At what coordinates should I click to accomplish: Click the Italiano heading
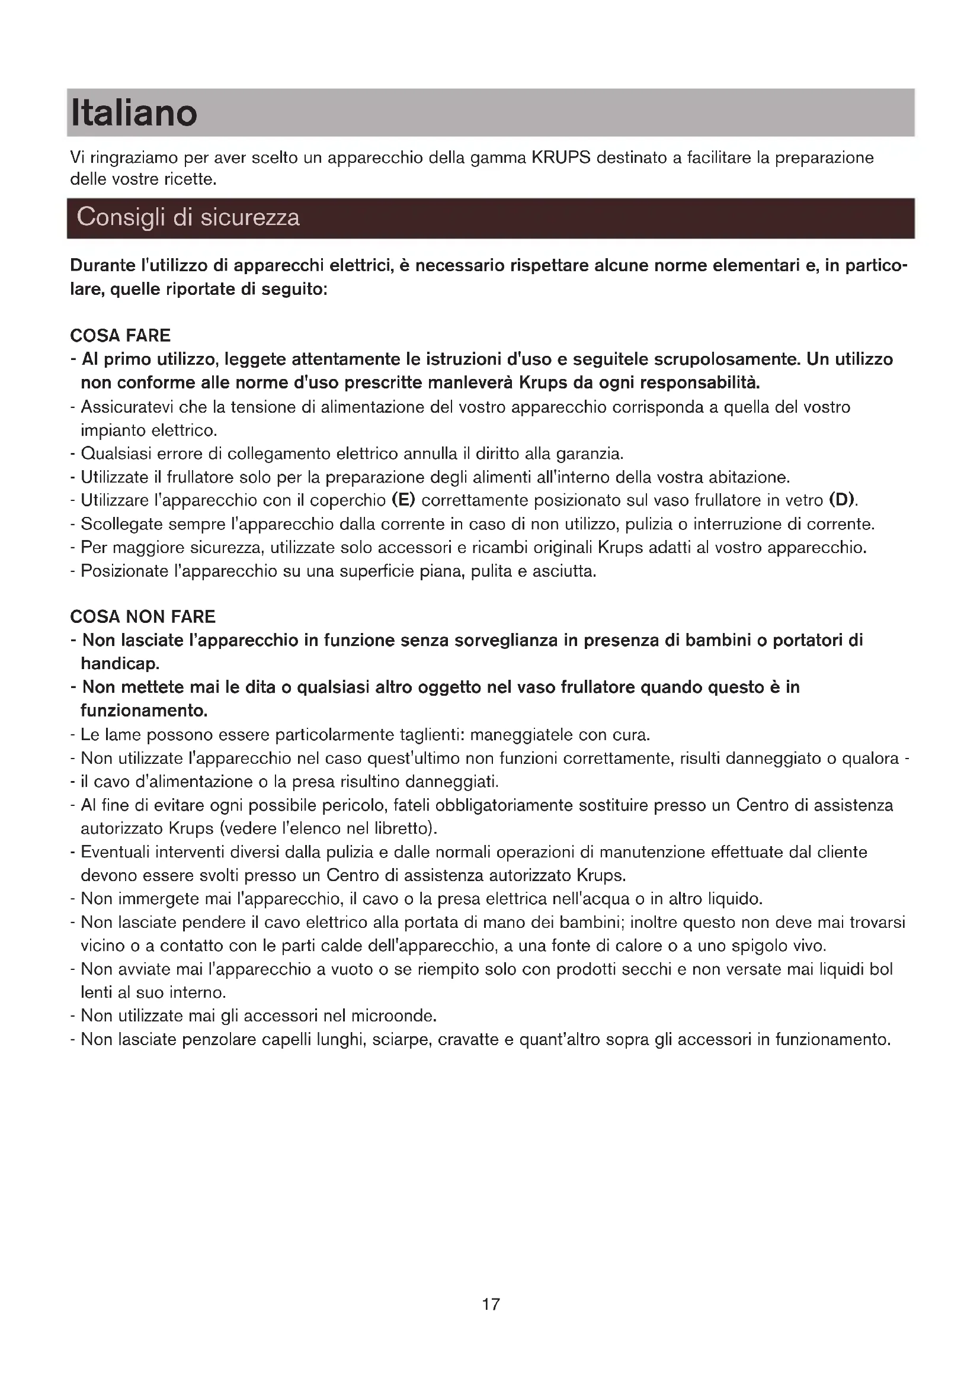tap(134, 113)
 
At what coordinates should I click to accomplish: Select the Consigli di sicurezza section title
tap(188, 217)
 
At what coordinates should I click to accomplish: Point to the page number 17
tap(491, 1304)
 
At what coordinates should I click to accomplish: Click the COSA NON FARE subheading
tap(143, 616)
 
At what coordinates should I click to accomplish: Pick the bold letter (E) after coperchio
tap(403, 500)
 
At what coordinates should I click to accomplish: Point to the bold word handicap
tap(120, 664)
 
